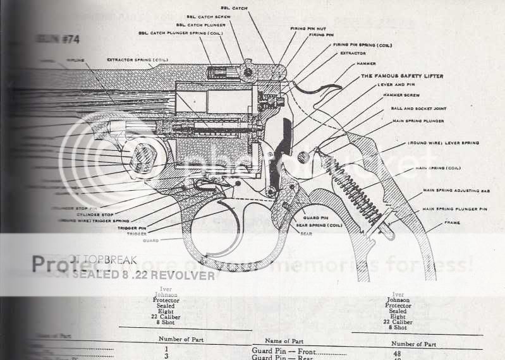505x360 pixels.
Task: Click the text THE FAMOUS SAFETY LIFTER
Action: tap(401, 76)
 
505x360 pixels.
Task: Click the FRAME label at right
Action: tap(451, 223)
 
